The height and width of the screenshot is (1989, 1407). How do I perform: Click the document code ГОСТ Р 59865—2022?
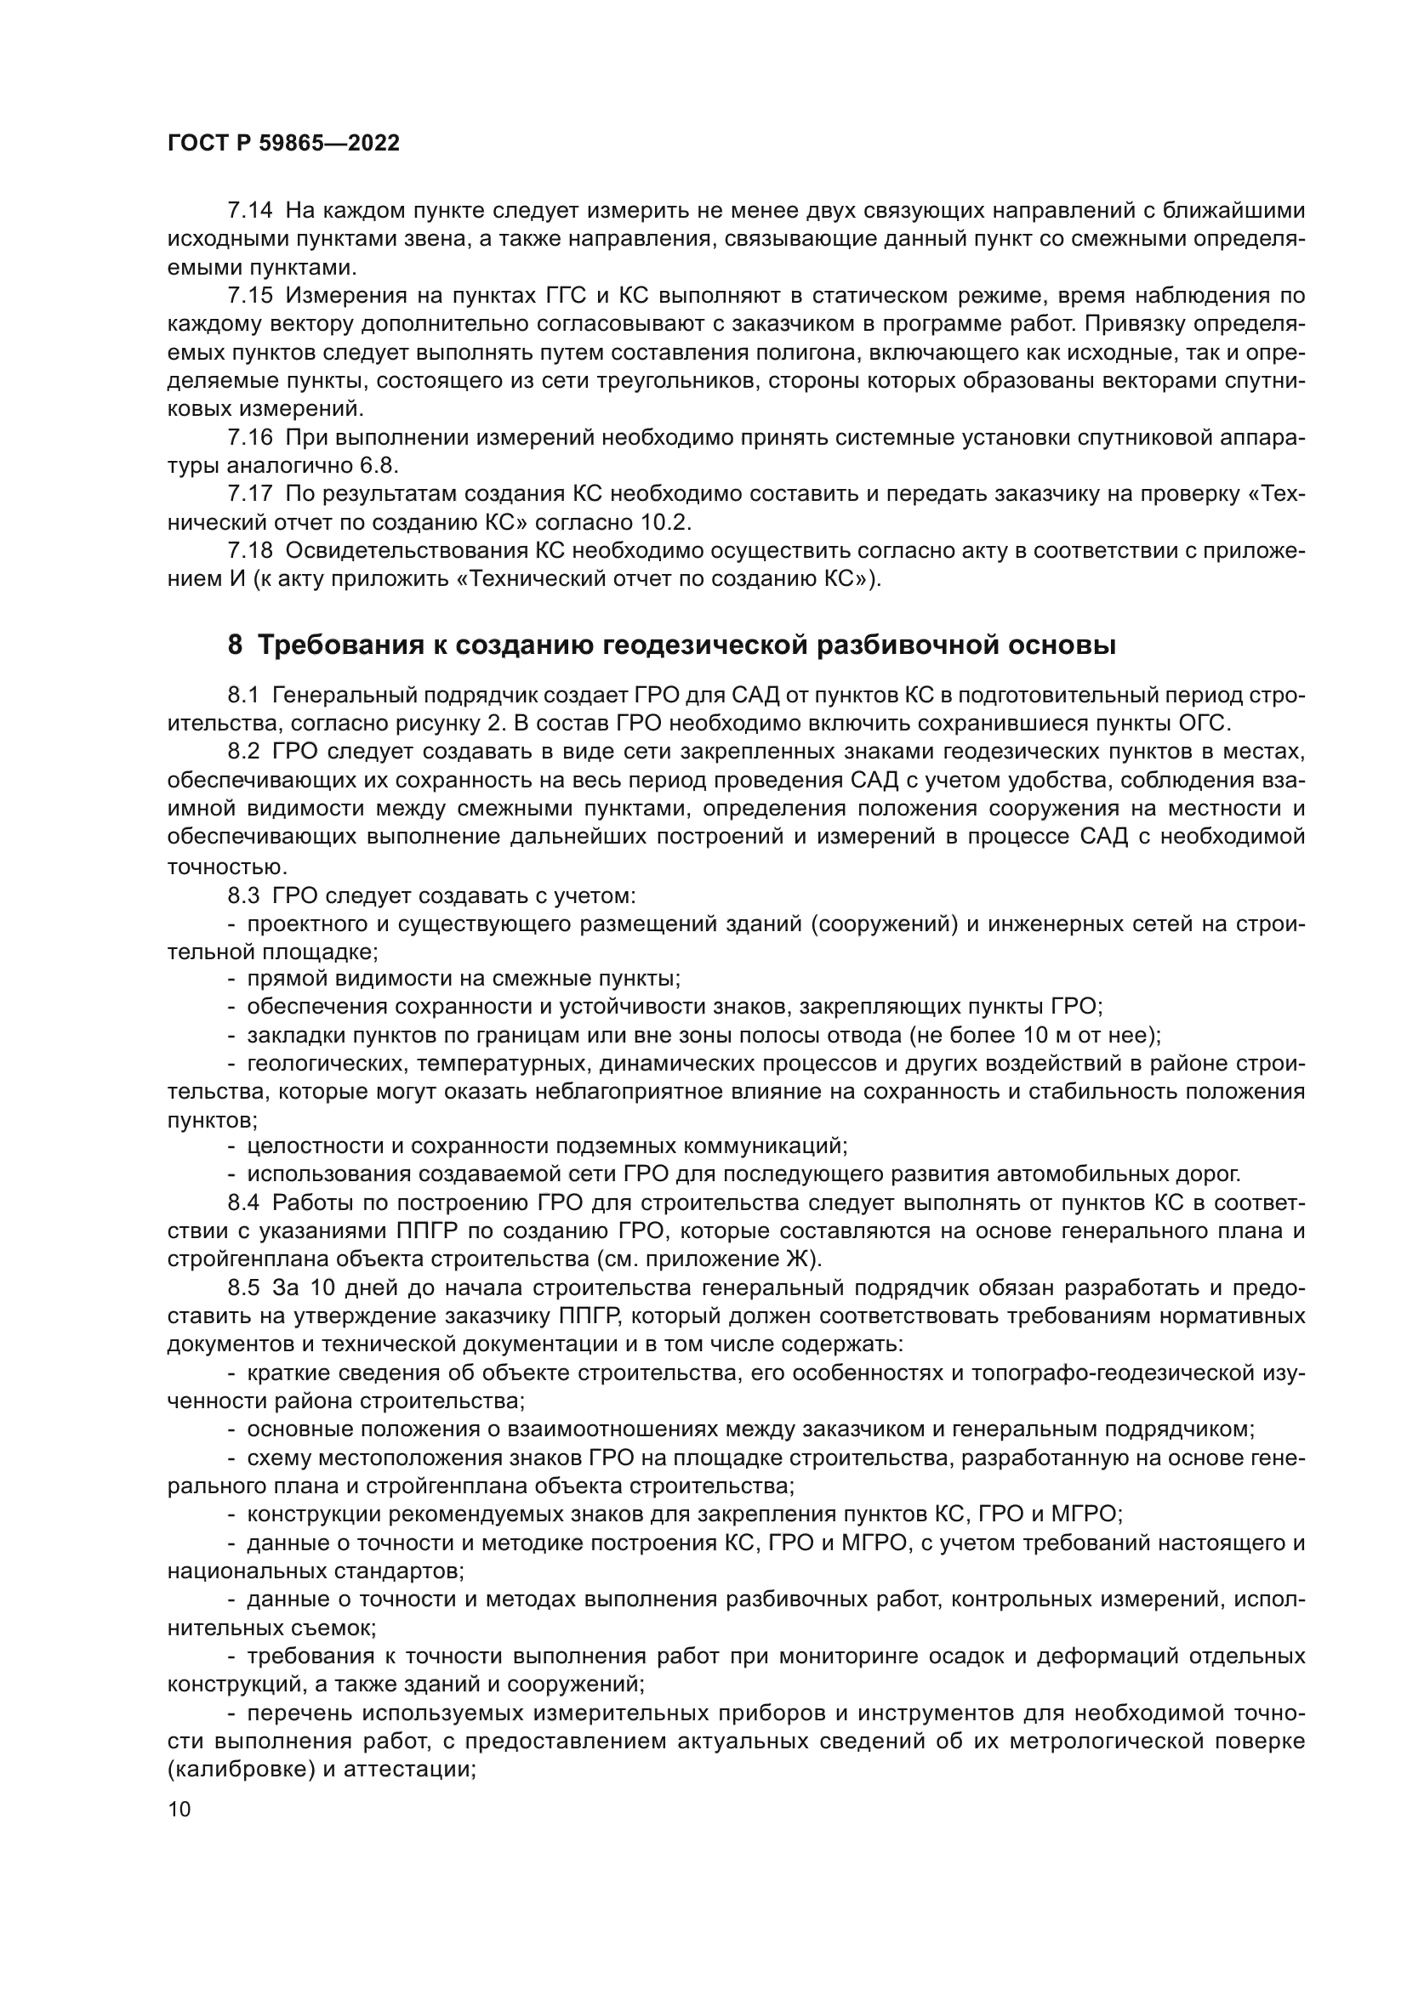coord(283,144)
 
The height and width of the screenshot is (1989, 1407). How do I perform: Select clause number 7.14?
coord(249,211)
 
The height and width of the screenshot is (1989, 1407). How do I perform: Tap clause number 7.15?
coord(249,295)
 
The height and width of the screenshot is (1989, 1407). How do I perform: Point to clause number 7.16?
coord(249,437)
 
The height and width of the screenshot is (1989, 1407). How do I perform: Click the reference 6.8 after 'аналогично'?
coord(378,466)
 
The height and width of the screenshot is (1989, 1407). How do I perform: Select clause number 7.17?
coord(249,494)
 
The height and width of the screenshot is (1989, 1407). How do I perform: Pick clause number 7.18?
coord(249,551)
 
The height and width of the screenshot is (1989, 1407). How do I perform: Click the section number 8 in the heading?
coord(236,645)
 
